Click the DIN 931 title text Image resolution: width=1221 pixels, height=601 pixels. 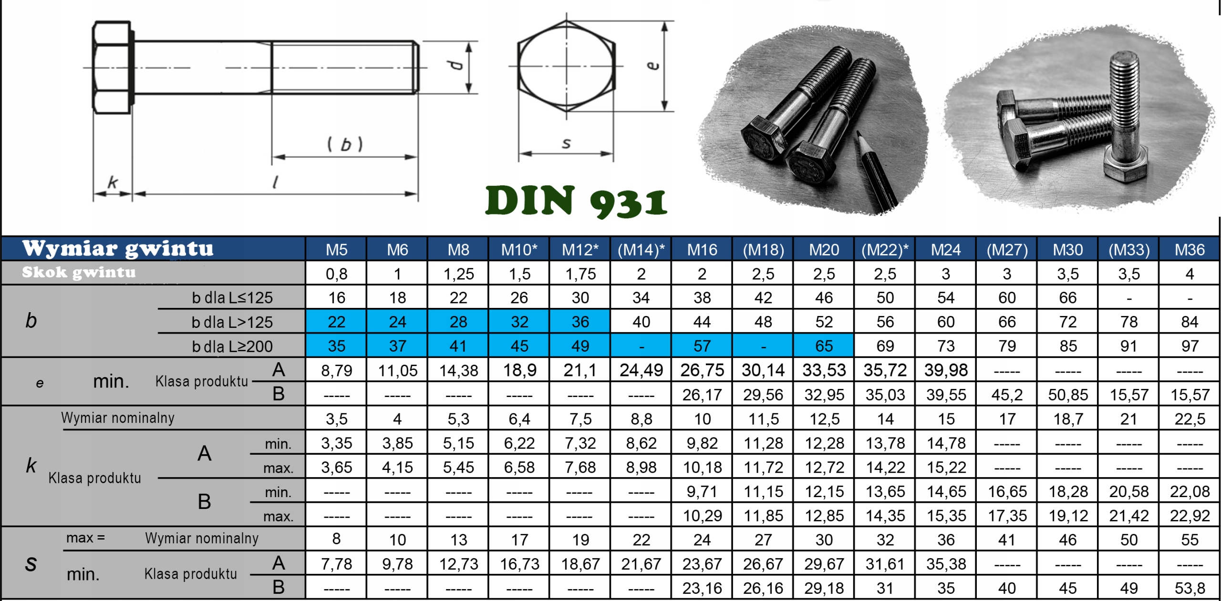[576, 202]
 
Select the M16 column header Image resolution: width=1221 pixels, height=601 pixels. [702, 250]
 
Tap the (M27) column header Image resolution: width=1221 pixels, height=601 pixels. [1007, 250]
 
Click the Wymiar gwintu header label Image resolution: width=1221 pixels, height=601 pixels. [118, 249]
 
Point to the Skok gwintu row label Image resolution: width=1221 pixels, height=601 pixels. [79, 272]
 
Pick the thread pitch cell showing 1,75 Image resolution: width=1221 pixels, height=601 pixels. [580, 274]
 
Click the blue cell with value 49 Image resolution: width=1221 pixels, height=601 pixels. [580, 346]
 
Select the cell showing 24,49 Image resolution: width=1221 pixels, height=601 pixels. [641, 370]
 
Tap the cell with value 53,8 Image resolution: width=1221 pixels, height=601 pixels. [1190, 588]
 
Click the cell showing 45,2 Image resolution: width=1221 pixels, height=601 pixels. [1007, 395]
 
